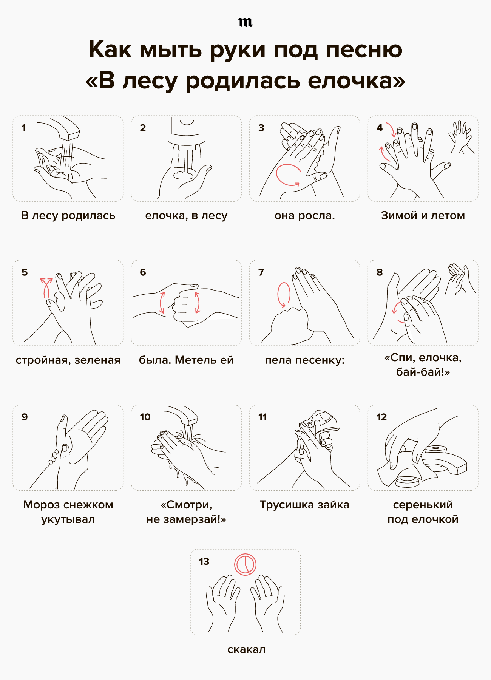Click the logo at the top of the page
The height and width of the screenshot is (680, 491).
pyautogui.click(x=246, y=22)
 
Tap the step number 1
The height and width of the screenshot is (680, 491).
pyautogui.click(x=24, y=128)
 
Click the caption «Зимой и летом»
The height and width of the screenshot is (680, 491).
pyautogui.click(x=423, y=215)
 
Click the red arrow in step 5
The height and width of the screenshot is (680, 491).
pyautogui.click(x=46, y=288)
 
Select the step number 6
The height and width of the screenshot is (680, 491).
pyautogui.click(x=143, y=272)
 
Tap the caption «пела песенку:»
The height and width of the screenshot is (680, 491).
pyautogui.click(x=305, y=360)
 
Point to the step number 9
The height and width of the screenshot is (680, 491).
pyautogui.click(x=25, y=417)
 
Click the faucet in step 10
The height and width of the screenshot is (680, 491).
pyautogui.click(x=185, y=416)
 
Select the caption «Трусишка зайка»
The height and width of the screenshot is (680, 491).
pyautogui.click(x=305, y=505)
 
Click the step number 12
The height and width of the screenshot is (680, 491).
pyautogui.click(x=381, y=417)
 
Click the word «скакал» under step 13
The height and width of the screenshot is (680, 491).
pyautogui.click(x=247, y=649)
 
